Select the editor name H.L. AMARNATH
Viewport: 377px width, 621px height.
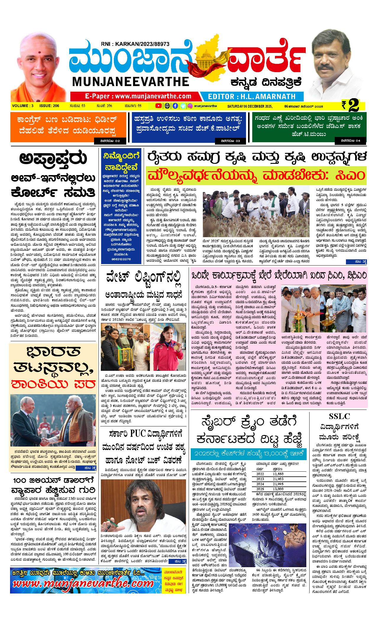point(268,96)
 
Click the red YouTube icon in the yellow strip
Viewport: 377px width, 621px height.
point(158,106)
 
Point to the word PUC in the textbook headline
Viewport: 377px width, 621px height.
point(138,434)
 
